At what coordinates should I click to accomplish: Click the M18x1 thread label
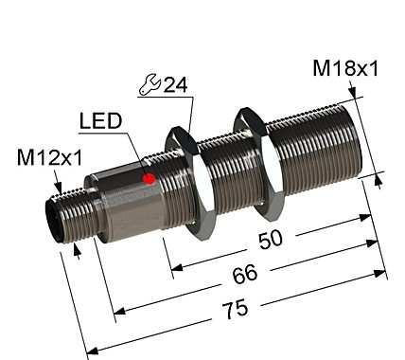pyautogui.click(x=345, y=69)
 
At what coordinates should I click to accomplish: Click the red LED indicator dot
pyautogui.click(x=148, y=177)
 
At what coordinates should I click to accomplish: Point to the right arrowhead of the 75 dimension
pyautogui.click(x=385, y=276)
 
